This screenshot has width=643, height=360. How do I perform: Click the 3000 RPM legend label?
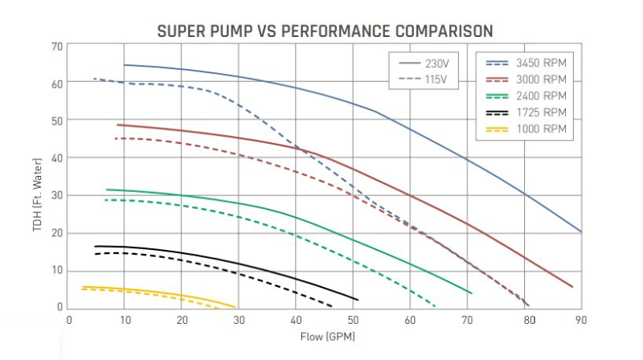coord(543,80)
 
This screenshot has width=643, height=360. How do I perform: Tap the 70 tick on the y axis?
coord(57,46)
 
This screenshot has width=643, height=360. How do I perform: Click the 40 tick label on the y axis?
coord(57,158)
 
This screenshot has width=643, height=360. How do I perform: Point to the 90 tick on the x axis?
coord(581,320)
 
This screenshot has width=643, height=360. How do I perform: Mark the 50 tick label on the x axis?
coord(353,320)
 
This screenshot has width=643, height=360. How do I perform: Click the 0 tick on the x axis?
coord(69,320)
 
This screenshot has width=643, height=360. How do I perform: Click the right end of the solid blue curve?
coord(581,231)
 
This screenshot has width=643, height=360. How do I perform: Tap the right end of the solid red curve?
coord(572,287)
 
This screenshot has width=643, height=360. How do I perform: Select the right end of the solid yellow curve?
coord(235,306)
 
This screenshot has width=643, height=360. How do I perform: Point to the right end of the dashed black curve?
coord(332,306)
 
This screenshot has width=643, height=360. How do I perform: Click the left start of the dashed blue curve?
coord(94,79)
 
